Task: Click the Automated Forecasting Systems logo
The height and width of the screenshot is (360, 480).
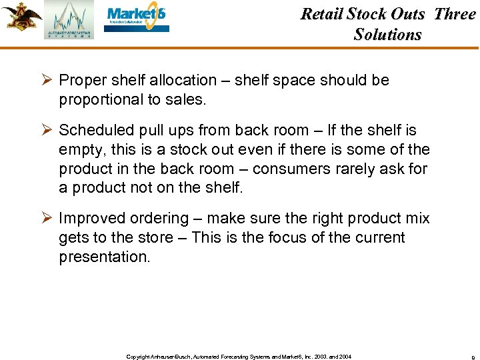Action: click(x=69, y=20)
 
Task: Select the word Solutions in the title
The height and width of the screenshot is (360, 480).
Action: click(x=387, y=35)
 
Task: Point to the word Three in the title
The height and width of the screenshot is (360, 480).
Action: click(x=455, y=14)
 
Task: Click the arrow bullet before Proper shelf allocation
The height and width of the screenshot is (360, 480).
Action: click(x=46, y=80)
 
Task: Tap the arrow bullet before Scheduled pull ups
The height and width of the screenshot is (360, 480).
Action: click(x=46, y=131)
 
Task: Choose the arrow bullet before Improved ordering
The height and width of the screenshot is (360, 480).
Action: click(x=46, y=219)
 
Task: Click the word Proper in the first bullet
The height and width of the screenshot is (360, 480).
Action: click(x=81, y=81)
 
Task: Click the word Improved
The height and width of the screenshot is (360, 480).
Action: click(x=89, y=219)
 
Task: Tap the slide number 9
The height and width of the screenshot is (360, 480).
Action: click(x=473, y=357)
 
